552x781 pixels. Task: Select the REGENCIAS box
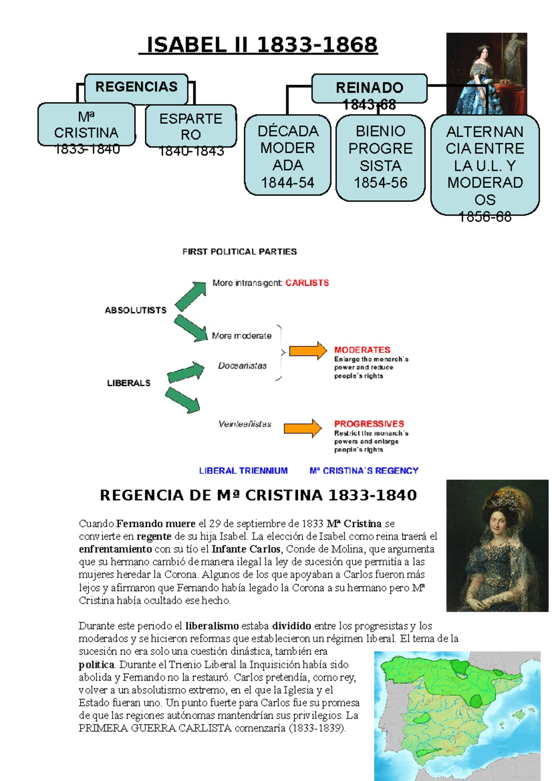[136, 87]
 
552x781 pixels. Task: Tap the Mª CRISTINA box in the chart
[86, 125]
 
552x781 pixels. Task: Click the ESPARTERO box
[190, 127]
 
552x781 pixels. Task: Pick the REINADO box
[369, 88]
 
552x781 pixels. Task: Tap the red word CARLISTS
[307, 283]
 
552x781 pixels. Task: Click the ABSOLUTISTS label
[136, 310]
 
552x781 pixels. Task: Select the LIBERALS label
[129, 383]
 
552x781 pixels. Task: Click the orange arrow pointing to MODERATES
[308, 351]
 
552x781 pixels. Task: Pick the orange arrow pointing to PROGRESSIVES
[303, 428]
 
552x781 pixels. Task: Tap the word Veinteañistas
[245, 424]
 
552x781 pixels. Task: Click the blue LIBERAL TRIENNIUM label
[243, 471]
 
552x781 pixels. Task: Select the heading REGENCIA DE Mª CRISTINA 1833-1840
[258, 495]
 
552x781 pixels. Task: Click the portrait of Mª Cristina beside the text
[497, 546]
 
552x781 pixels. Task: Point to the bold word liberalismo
[212, 626]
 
